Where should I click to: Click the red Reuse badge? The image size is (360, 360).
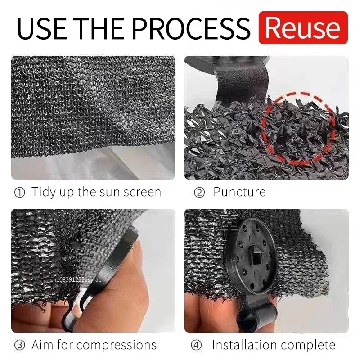coord(303,27)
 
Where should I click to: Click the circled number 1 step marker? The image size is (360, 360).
coord(20,192)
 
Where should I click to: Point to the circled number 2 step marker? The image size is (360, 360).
coord(199,192)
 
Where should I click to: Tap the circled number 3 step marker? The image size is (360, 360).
coord(20,346)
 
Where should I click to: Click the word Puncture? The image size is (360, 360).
coord(239,192)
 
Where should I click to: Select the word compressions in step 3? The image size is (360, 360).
coord(117,346)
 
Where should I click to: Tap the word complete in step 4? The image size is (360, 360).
coord(310,346)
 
